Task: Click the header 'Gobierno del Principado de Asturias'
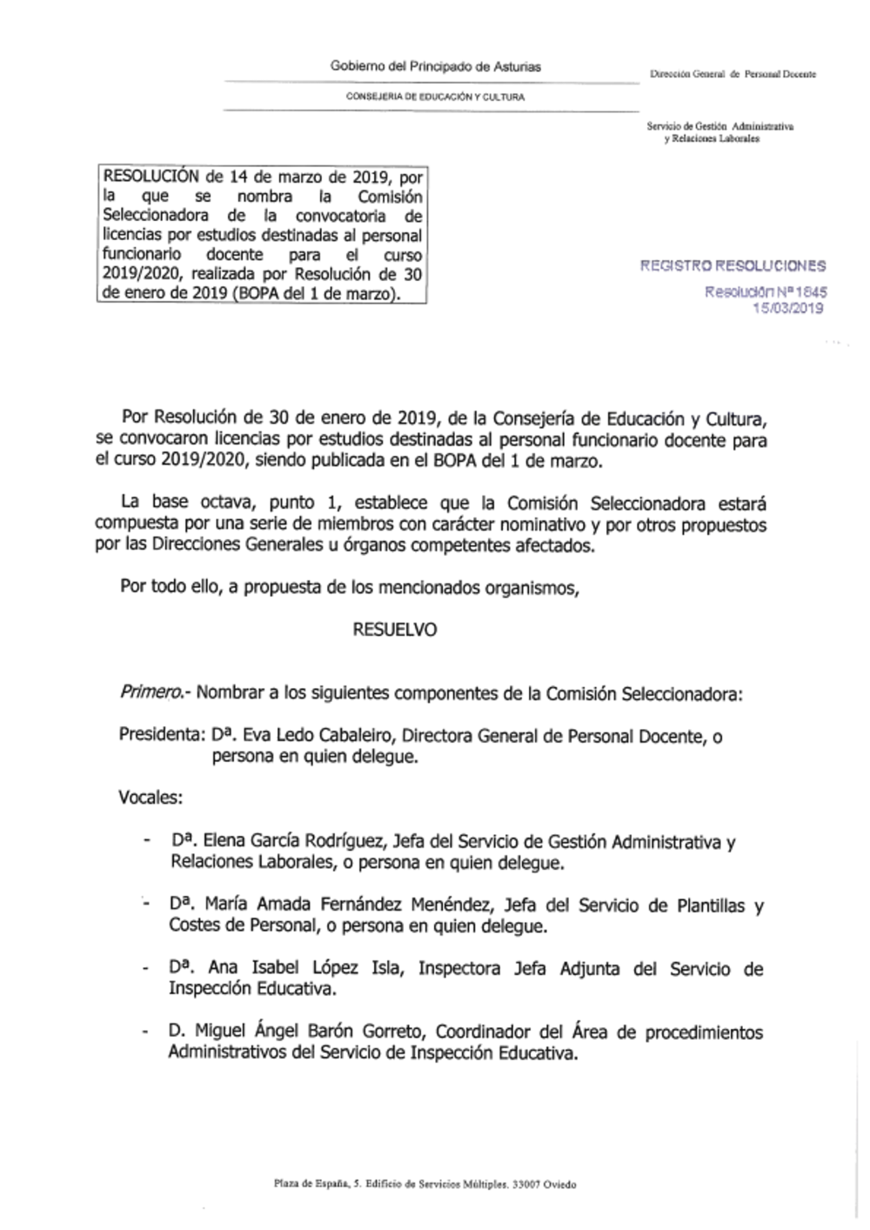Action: (435, 66)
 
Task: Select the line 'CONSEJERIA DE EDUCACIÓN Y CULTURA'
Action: (435, 97)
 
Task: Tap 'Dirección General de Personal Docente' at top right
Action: (733, 75)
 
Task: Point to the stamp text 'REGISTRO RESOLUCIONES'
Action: (733, 266)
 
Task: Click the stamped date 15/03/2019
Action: (788, 308)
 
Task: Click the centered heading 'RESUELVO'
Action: (395, 630)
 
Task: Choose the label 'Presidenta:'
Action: (161, 735)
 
